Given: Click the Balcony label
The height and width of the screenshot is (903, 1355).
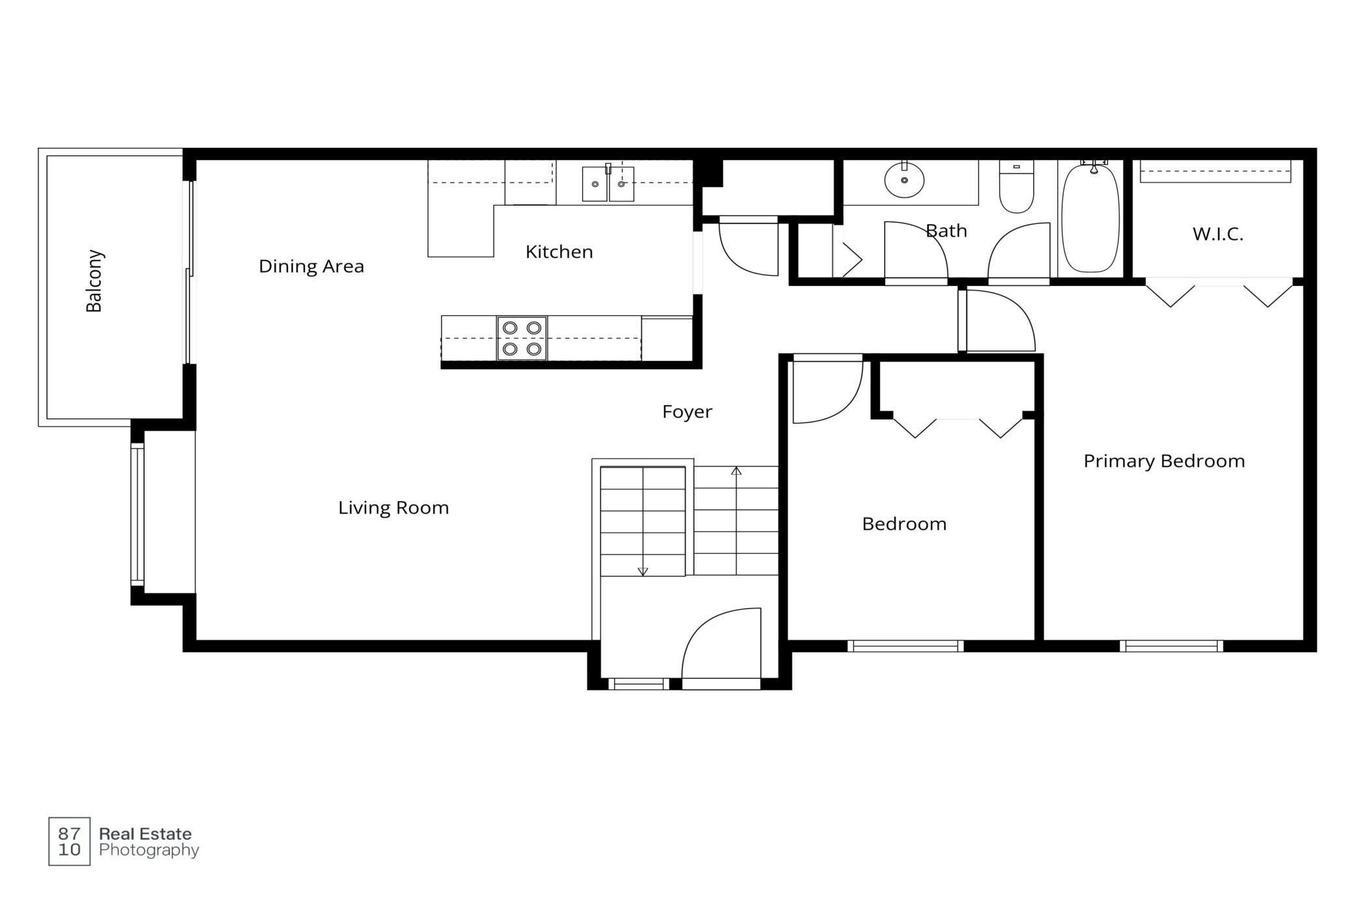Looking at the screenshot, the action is point(94,281).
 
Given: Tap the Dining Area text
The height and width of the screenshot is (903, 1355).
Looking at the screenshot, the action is point(311,266).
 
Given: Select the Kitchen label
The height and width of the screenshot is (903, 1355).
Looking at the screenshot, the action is point(559,251).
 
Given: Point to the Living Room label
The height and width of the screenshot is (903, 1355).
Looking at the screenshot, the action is point(393,508).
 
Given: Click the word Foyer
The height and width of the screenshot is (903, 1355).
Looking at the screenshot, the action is point(687,412).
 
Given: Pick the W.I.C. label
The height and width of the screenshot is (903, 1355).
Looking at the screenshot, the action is point(1218,235).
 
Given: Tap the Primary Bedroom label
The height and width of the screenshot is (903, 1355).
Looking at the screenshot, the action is point(1164,461).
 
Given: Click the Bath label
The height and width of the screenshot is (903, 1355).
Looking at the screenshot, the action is point(946,231).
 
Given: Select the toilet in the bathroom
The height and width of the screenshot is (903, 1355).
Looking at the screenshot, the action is point(1016,187).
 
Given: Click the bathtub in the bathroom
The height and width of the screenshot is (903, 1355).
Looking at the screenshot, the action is point(1091,217).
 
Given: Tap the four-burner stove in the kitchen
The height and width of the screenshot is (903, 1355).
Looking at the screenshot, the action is point(522,338).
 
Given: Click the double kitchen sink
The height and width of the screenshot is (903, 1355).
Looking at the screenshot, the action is point(608,184).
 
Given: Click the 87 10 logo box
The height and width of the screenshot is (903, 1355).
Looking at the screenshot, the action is point(70,841).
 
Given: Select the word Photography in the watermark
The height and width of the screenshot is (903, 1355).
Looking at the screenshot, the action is point(149,850).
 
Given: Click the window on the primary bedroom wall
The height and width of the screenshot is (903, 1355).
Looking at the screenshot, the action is point(1171,646).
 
